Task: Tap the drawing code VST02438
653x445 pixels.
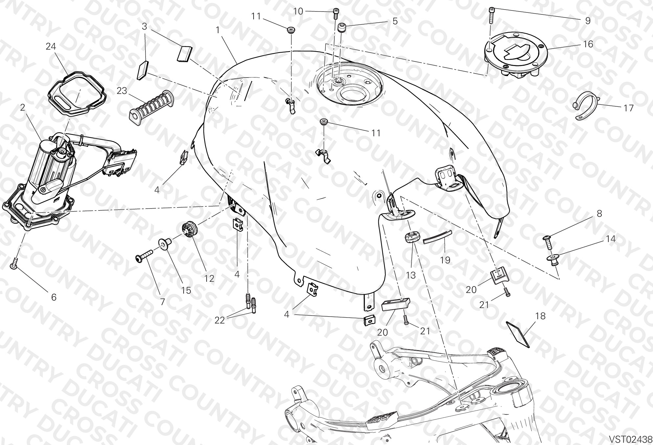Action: [630, 439]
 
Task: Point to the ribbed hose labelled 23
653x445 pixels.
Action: [151, 107]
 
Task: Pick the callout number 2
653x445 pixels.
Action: [23, 108]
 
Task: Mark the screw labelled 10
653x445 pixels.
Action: [336, 13]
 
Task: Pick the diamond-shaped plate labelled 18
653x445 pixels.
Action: [518, 334]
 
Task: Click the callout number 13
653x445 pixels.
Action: [411, 275]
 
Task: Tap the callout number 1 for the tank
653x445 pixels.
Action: [217, 30]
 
